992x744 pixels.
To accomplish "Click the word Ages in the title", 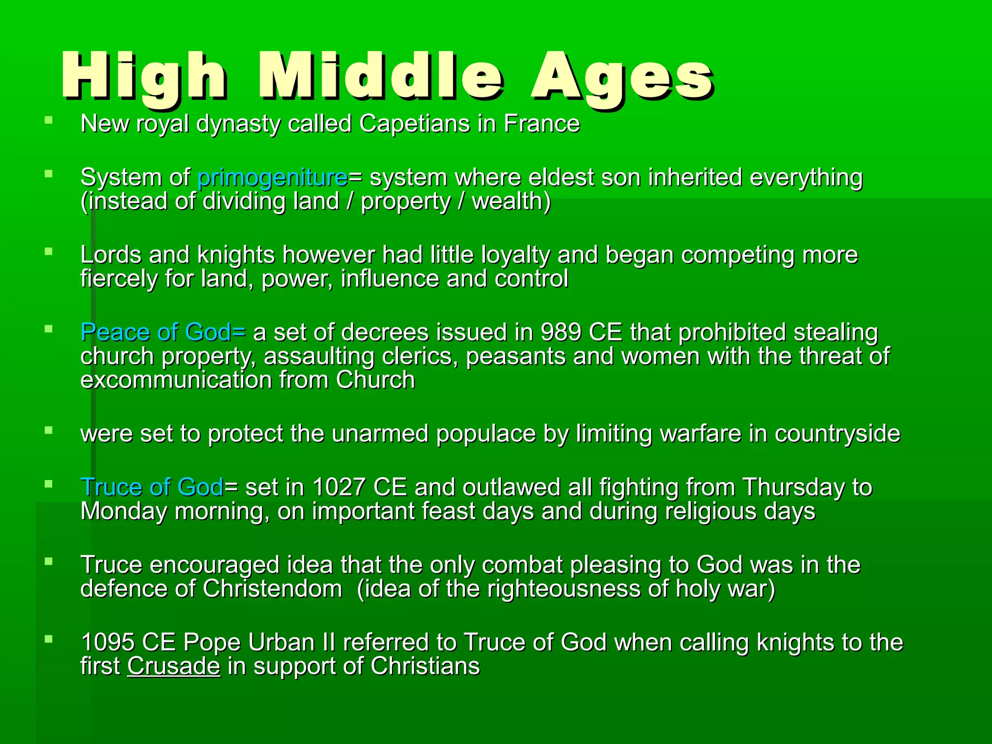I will [622, 77].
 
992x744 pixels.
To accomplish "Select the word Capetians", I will [415, 124].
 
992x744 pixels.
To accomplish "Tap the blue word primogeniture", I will [273, 177].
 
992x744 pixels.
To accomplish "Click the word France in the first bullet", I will [542, 124].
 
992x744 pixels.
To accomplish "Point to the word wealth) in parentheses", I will [511, 201].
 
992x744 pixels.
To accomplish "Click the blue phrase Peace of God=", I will [163, 332].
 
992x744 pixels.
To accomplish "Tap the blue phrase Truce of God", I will [152, 487].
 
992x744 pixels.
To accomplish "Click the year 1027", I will [339, 487].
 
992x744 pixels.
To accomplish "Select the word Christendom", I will [272, 589].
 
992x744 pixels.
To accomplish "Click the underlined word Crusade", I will [173, 666].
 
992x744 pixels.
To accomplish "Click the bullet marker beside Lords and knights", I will [48, 251].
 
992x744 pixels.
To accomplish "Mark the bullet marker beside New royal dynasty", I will [48, 120].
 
